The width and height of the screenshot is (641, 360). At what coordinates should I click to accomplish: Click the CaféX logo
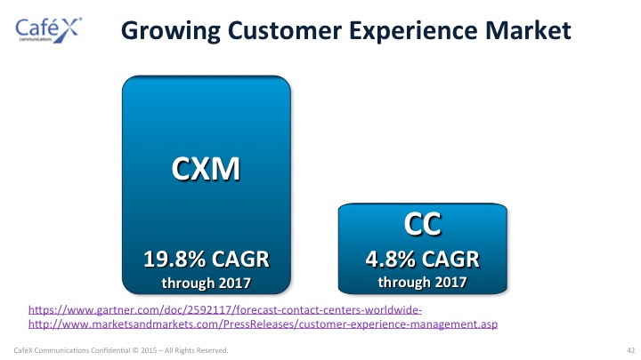(x=48, y=30)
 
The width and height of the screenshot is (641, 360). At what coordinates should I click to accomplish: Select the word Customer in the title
(x=285, y=30)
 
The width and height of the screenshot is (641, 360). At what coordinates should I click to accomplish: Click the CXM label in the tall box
(x=206, y=169)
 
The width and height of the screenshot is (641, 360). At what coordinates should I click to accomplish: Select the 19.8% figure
(x=174, y=260)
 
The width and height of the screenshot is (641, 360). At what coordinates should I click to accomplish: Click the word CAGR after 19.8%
(x=240, y=260)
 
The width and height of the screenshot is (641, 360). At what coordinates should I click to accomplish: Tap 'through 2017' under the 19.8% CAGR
(x=206, y=283)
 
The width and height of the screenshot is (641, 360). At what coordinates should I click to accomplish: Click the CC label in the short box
(x=422, y=224)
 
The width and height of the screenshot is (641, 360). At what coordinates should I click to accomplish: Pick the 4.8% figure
(x=391, y=260)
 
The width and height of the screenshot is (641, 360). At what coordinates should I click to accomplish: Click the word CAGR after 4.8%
(x=450, y=260)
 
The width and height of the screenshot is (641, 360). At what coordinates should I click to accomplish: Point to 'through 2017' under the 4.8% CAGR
(x=422, y=282)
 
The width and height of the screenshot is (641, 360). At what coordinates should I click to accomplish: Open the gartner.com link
(x=225, y=310)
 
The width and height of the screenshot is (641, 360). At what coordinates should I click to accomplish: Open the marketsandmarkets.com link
(x=263, y=324)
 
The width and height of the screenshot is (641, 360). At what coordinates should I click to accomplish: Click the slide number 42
(x=631, y=350)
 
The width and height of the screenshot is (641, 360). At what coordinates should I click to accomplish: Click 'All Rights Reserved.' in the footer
(x=196, y=350)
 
